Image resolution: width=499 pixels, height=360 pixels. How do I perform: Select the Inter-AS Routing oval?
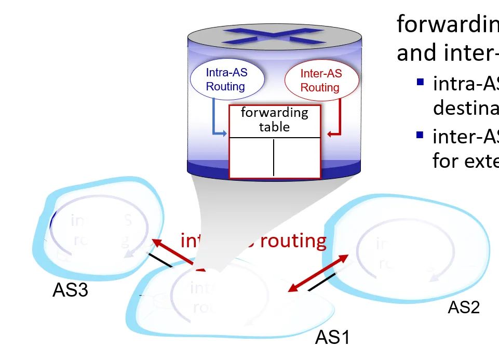pyautogui.click(x=320, y=80)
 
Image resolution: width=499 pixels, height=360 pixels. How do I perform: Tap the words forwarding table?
pyautogui.click(x=274, y=119)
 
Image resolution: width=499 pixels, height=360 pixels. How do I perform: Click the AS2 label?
pyautogui.click(x=464, y=308)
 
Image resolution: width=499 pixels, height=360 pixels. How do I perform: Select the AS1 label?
pyautogui.click(x=332, y=338)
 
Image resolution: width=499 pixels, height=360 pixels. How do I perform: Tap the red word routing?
pyautogui.click(x=293, y=241)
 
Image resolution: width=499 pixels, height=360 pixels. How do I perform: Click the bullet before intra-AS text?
pyautogui.click(x=420, y=82)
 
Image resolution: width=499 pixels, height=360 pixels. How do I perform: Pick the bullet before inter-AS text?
pyautogui.click(x=420, y=136)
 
